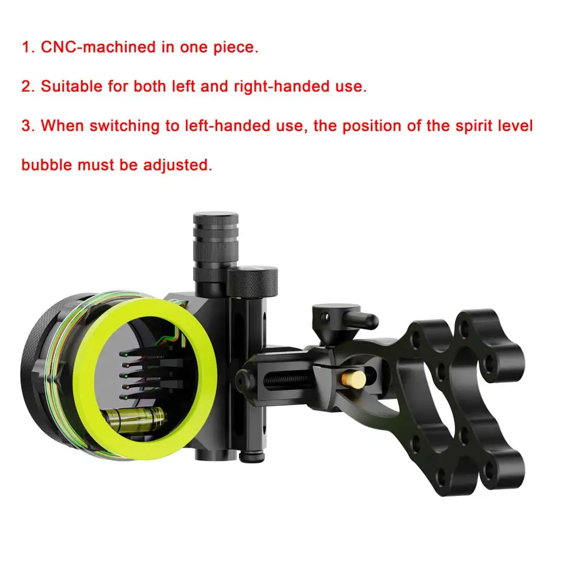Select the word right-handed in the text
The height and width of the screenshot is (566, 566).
pyautogui.click(x=281, y=86)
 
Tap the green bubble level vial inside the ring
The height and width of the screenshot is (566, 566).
pyautogui.click(x=134, y=419)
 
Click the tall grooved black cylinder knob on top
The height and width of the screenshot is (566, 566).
pyautogui.click(x=216, y=248)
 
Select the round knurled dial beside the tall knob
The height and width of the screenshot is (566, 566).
pyautogui.click(x=252, y=282)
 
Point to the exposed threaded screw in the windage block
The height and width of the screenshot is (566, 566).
pyautogui.click(x=287, y=380)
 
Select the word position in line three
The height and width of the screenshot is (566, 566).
pyautogui.click(x=371, y=126)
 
